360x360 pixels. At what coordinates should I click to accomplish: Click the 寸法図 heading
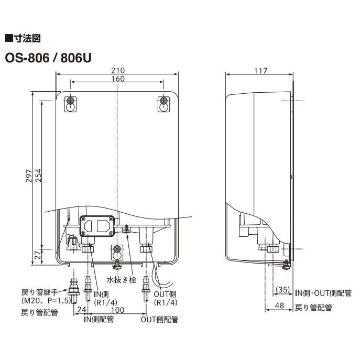pyautogui.click(x=25, y=38)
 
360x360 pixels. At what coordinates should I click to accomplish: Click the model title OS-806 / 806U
pyautogui.click(x=48, y=56)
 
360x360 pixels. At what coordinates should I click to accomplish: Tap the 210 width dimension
pyautogui.click(x=118, y=70)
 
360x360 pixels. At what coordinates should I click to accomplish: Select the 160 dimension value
pyautogui.click(x=118, y=79)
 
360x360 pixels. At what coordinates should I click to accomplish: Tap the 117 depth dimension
pyautogui.click(x=260, y=70)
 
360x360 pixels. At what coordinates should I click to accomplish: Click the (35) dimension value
pyautogui.click(x=283, y=290)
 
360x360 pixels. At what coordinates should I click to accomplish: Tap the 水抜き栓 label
pyautogui.click(x=122, y=280)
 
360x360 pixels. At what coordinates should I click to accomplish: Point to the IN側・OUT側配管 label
pyautogui.click(x=323, y=293)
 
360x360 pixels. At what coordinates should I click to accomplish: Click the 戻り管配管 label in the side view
pyautogui.click(x=313, y=308)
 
